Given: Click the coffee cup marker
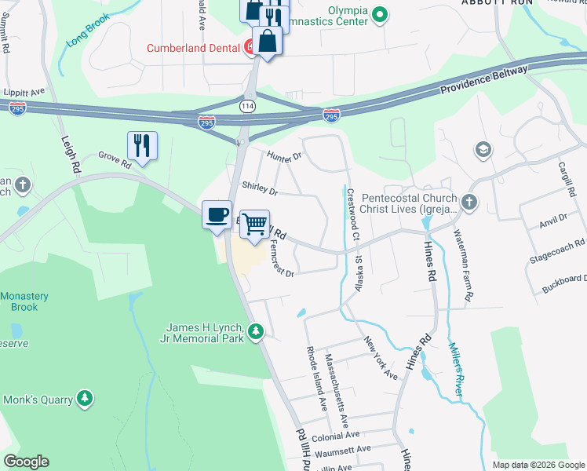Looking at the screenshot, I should (217, 214).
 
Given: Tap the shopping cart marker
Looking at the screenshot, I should (254, 224).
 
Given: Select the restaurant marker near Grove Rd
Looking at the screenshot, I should (142, 145).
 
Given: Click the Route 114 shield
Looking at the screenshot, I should (247, 105).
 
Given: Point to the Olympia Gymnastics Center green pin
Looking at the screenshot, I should (380, 14).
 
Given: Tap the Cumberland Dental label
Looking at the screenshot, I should (193, 48).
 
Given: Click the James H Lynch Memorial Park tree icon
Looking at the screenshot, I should (256, 333).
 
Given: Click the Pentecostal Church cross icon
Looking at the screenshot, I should (469, 203).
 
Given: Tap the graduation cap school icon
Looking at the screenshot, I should (482, 149).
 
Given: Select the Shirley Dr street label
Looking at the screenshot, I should (261, 188).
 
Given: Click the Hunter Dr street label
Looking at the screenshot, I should (284, 157).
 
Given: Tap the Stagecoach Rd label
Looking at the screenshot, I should (558, 250).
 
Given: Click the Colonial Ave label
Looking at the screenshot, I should (335, 435).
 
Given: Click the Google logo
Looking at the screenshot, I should (26, 462).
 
